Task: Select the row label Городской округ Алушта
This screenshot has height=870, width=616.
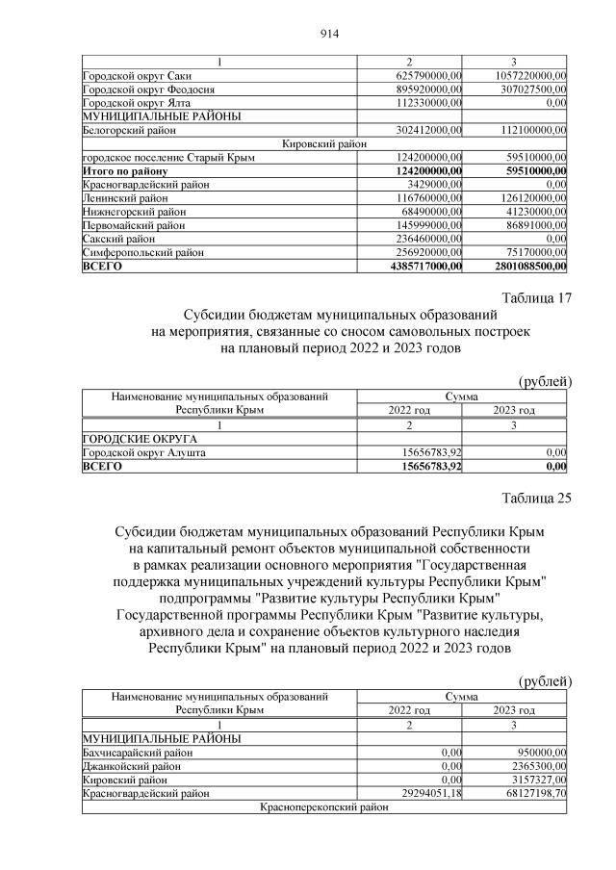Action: click(x=144, y=452)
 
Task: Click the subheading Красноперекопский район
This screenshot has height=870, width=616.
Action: click(x=322, y=807)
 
